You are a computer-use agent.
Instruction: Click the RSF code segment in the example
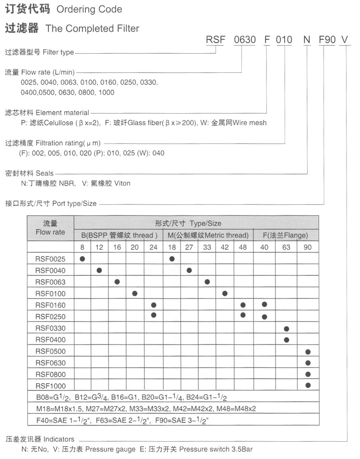click(x=216, y=40)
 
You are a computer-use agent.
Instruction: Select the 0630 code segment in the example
click(x=244, y=40)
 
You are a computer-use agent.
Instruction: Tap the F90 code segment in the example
click(x=327, y=40)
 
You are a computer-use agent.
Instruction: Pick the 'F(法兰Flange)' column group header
click(x=286, y=235)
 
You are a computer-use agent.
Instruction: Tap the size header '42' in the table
click(x=225, y=247)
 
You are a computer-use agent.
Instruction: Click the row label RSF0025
click(x=50, y=259)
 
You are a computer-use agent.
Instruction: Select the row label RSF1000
click(x=50, y=386)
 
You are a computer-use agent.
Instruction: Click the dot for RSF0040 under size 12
click(x=99, y=271)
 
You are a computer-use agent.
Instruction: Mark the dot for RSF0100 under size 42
click(x=225, y=293)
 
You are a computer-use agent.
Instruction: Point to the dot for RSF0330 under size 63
click(x=287, y=329)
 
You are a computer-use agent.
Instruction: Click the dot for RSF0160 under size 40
click(x=264, y=305)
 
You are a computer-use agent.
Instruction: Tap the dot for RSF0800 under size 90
click(x=308, y=374)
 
